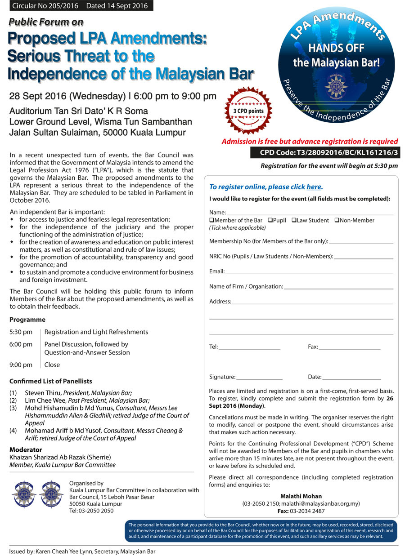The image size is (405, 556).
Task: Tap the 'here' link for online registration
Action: pos(314,187)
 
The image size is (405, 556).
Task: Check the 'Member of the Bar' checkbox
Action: pos(211,220)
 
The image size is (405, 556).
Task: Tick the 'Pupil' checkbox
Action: pos(270,220)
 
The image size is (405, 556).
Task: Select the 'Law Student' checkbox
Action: pos(293,220)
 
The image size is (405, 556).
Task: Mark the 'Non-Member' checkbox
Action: pos(337,220)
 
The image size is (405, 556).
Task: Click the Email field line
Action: pos(309,273)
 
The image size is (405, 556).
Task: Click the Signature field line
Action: pos(259,378)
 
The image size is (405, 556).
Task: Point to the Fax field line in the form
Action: pos(350,348)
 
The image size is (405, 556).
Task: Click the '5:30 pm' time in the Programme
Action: pos(21,332)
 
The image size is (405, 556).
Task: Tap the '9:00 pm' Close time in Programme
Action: pos(21,365)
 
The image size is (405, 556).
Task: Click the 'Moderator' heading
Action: pos(26,449)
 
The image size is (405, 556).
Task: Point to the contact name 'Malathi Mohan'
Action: pos(301,496)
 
